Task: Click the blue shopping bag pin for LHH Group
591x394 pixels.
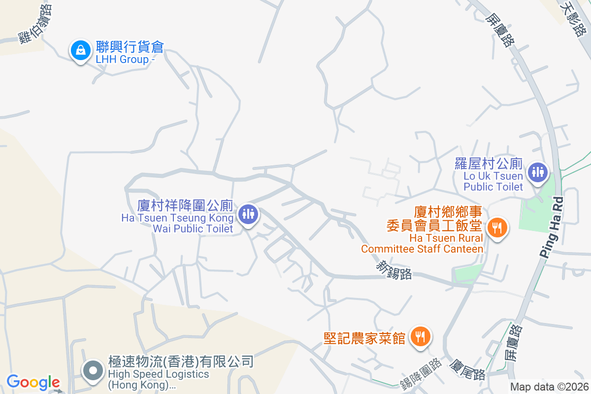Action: [79, 50]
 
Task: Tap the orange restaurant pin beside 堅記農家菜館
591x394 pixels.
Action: [420, 337]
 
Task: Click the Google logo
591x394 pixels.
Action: [33, 382]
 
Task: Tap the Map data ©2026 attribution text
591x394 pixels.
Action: [549, 387]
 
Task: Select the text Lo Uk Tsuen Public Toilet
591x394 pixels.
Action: [493, 181]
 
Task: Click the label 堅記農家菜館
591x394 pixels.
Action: [364, 338]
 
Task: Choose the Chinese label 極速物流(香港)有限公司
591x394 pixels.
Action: [181, 362]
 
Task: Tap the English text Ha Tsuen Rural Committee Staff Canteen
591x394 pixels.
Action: [422, 243]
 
